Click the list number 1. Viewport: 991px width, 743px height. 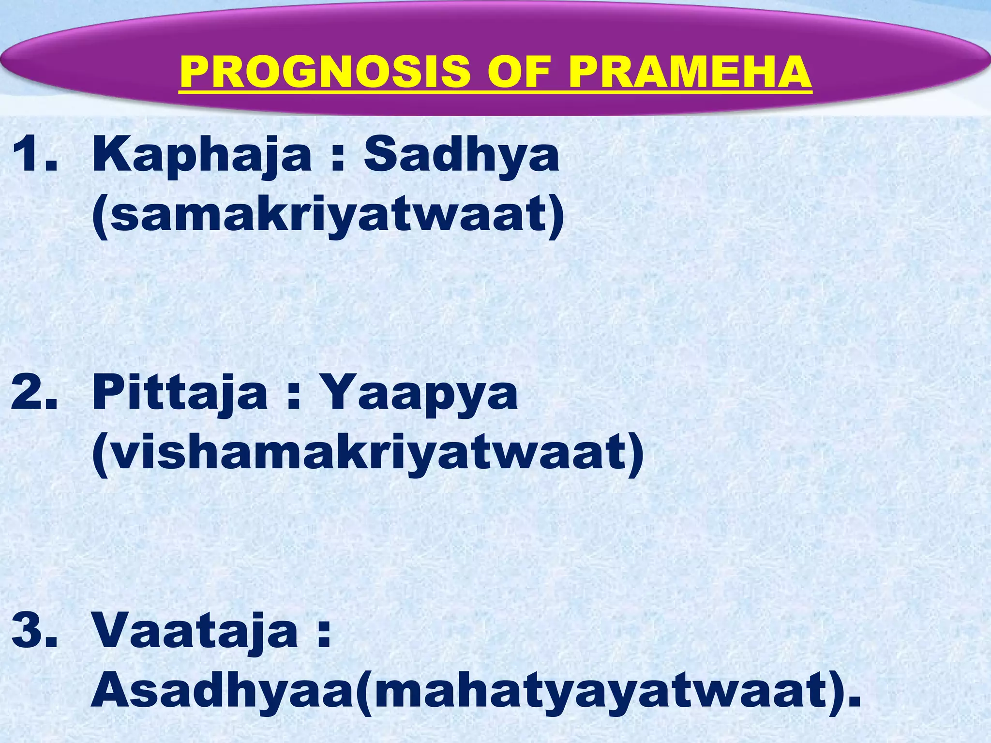34,155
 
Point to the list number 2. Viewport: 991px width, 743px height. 34,393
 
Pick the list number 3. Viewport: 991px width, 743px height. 34,630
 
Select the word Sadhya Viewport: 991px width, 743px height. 461,155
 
